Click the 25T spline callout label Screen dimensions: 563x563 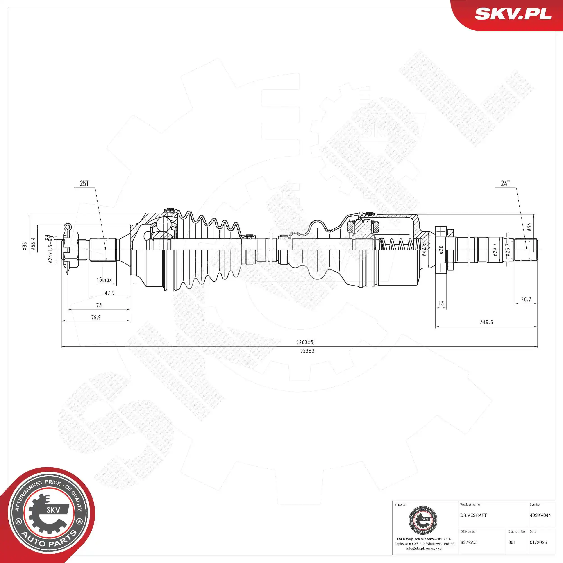(x=84, y=183)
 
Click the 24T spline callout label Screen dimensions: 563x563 (x=506, y=183)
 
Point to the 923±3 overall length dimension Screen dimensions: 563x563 (x=307, y=351)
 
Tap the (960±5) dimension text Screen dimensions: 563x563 (x=306, y=342)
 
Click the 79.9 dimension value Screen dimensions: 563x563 (x=96, y=317)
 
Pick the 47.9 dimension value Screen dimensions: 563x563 (x=110, y=293)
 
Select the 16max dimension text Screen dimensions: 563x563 (x=104, y=279)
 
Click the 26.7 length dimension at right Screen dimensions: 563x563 (x=526, y=299)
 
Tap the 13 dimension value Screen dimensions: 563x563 (x=441, y=303)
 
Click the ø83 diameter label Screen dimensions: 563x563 (x=529, y=227)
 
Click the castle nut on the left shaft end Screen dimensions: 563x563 (x=71, y=250)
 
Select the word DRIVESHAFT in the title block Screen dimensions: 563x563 (x=473, y=515)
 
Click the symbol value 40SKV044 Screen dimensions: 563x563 (x=540, y=515)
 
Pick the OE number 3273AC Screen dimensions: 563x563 (x=468, y=542)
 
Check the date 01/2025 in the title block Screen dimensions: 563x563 (x=538, y=542)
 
